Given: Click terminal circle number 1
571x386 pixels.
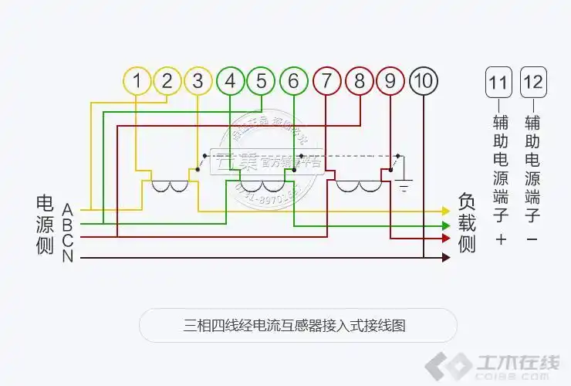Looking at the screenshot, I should tap(137, 80).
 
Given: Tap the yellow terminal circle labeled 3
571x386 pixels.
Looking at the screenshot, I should tap(198, 80).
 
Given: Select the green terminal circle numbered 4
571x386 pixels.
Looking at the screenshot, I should tap(230, 80).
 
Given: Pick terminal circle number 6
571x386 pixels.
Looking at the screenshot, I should tap(293, 80).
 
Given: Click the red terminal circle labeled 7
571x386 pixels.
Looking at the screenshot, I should tap(327, 80).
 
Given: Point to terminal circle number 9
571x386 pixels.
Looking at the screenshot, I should tap(391, 80).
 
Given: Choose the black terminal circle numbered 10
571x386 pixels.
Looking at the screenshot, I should tap(424, 80).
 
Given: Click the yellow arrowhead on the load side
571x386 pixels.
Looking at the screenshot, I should tap(445, 211).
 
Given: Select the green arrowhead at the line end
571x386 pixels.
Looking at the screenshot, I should tap(445, 225).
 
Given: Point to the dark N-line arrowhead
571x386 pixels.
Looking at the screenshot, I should tap(445, 257).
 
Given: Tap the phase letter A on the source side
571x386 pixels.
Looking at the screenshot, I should tap(68, 209).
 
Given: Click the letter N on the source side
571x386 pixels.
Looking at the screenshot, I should tap(68, 257).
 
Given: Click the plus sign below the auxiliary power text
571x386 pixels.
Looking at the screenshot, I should tap(500, 240).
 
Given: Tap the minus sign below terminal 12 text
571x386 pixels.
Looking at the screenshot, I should tap(532, 240).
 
